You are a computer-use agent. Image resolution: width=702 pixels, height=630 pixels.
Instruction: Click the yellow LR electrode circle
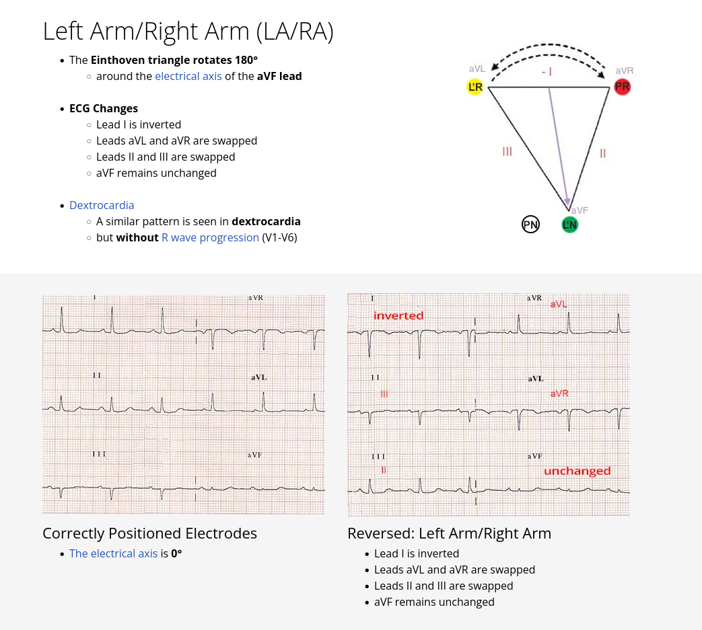coord(475,87)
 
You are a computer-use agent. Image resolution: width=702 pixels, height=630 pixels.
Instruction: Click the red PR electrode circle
coord(623,87)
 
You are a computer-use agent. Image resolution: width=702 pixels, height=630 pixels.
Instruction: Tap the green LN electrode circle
coord(569,225)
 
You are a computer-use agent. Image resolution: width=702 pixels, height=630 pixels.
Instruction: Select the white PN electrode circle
coord(530,225)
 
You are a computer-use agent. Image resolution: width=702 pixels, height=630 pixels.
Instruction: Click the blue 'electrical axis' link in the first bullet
coord(188,76)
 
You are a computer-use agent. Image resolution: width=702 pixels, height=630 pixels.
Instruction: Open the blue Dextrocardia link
coord(102,205)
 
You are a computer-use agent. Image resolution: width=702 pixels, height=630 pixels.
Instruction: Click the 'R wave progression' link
coord(210,237)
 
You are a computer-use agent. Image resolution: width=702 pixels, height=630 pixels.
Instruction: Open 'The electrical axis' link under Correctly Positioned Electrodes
coord(113,553)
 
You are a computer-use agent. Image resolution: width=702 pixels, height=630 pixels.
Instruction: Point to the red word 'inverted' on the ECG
coord(398,315)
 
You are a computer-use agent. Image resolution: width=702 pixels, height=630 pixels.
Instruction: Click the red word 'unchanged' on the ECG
coord(577,471)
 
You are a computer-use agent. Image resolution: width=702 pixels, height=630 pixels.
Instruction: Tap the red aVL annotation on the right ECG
coord(559,305)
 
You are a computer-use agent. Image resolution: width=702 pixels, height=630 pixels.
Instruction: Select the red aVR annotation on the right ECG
coord(559,393)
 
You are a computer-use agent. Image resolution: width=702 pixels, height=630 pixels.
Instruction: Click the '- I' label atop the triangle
coord(547,71)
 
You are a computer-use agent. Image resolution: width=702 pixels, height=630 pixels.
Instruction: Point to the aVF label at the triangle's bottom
coord(580,210)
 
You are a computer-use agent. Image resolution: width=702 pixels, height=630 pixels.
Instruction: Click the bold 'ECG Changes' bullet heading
coord(104,108)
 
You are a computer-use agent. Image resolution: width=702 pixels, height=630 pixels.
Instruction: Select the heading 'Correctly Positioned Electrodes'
coord(149,533)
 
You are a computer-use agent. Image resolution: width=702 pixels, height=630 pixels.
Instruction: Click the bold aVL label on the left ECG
coord(259,378)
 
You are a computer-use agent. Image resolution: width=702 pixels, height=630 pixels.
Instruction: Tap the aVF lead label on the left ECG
coord(254,455)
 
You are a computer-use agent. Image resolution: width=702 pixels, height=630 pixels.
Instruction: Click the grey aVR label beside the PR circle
coord(624,71)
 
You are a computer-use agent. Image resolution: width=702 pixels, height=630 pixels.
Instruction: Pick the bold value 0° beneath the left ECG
coord(176,553)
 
